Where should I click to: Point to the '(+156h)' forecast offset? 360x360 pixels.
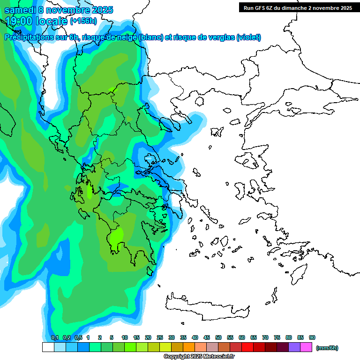click(83, 21)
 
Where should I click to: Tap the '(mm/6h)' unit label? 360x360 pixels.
click(327, 348)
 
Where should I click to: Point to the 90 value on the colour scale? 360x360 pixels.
click(312, 337)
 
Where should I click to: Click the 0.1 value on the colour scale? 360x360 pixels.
click(55, 337)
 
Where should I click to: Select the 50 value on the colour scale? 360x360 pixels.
click(218, 337)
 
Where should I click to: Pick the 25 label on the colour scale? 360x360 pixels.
click(160, 337)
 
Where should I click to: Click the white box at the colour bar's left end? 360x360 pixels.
click(48, 347)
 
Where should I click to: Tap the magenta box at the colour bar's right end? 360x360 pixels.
click(306, 347)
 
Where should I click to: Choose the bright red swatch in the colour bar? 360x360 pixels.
click(247, 347)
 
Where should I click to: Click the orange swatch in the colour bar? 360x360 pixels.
click(189, 347)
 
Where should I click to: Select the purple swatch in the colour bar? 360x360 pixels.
click(294, 347)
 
